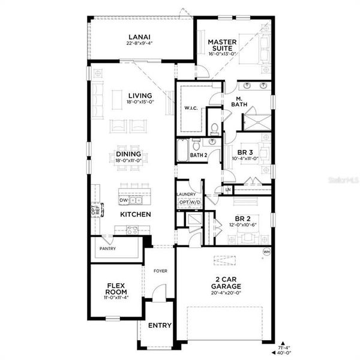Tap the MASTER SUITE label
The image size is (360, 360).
point(223,46)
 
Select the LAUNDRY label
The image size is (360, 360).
point(187,194)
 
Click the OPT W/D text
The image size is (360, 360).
point(189,203)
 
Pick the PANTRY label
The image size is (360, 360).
point(108,248)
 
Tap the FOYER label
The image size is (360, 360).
point(160,271)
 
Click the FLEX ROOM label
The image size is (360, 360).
point(115,290)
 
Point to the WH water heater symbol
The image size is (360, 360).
point(266,253)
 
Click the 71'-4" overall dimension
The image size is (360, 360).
point(284,347)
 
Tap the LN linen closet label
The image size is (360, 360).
point(228,190)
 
